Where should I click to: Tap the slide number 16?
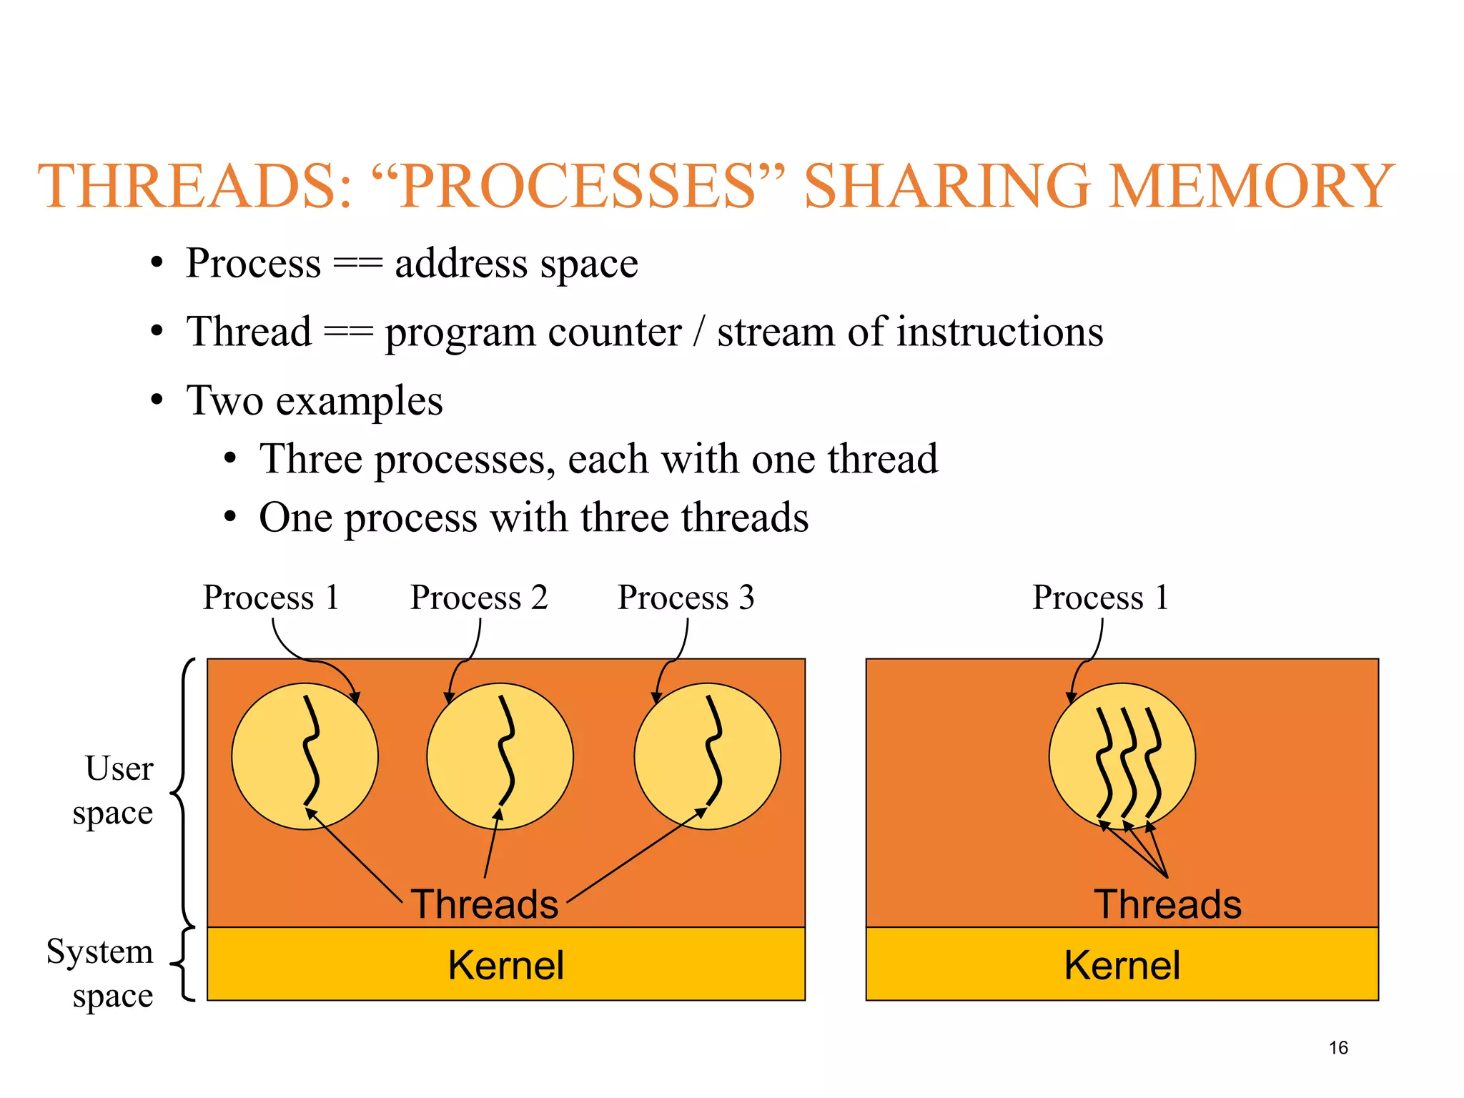pos(1338,1048)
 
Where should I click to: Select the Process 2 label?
pos(479,598)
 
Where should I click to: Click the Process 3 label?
pos(686,598)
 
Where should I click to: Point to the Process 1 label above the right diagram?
pos(1100,598)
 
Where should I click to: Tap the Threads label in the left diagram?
pos(484,904)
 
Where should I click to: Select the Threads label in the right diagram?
pos(1167,904)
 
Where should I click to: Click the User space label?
pos(114,791)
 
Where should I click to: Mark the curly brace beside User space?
pos(183,792)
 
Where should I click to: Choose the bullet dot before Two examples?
pos(157,400)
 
